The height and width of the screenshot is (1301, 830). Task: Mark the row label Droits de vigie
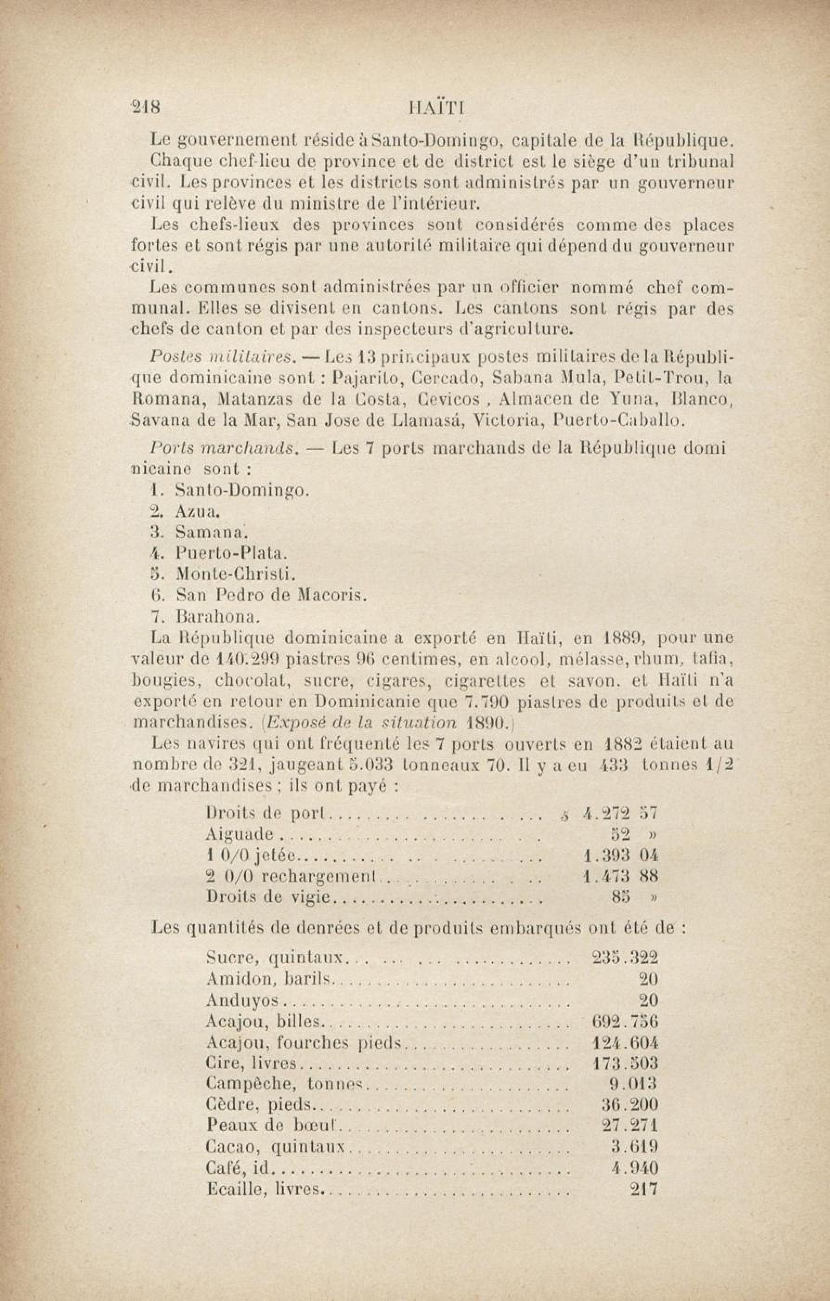[x=268, y=897]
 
